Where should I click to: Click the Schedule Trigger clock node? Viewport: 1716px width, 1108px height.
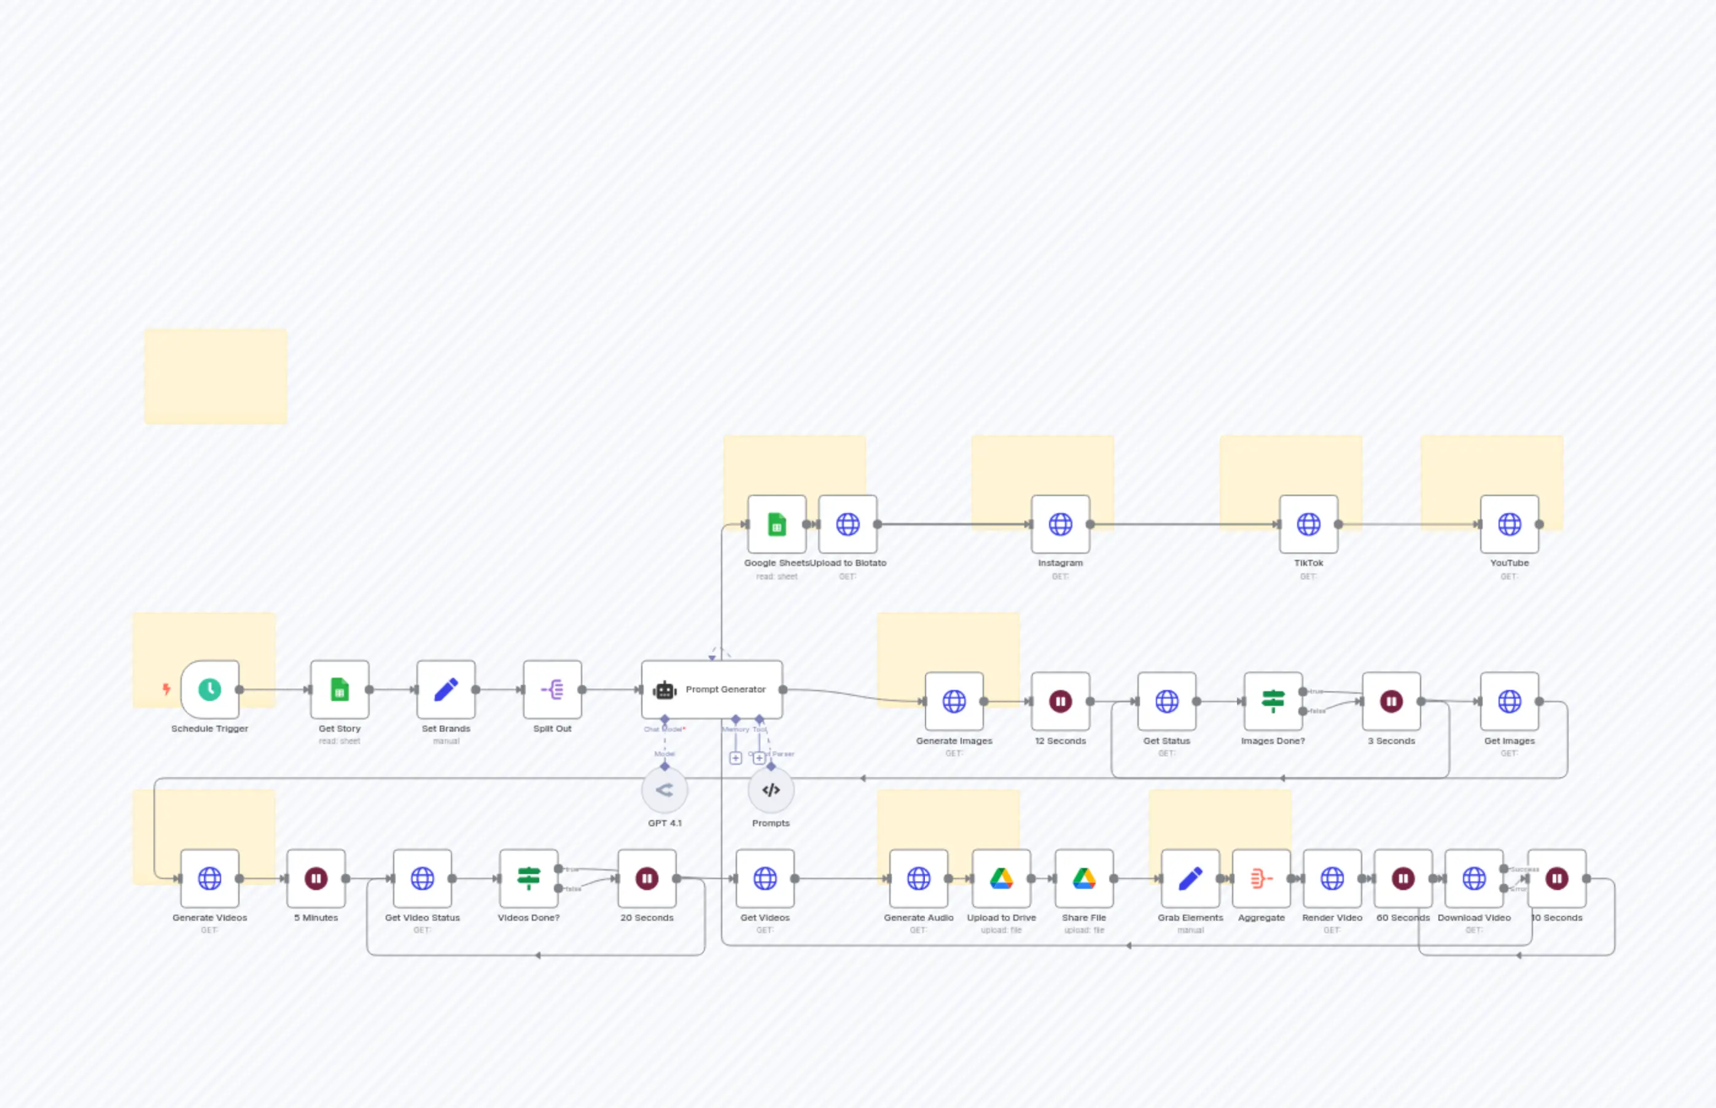click(209, 689)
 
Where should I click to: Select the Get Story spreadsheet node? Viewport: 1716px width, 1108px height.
click(340, 689)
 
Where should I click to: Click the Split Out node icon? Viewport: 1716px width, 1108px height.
click(552, 689)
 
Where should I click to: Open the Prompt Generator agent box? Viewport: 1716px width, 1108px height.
click(712, 689)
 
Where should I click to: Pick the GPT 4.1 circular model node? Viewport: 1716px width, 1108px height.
click(665, 790)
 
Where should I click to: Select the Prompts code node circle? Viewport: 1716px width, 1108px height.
click(771, 790)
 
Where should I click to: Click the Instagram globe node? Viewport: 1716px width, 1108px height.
click(1060, 524)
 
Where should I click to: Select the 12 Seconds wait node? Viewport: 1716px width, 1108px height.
click(1060, 701)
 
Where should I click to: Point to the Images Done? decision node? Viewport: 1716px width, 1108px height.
click(1273, 701)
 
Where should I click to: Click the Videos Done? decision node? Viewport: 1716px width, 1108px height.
click(528, 878)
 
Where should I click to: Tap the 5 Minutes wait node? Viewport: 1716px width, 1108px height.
click(316, 878)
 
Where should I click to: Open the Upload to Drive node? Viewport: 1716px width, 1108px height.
click(1001, 878)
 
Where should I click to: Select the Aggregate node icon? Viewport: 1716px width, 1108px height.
click(1261, 878)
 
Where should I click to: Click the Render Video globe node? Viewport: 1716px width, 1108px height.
click(1332, 878)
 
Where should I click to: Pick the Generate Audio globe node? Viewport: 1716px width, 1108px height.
click(918, 878)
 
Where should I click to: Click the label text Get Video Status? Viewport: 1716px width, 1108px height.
click(422, 917)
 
